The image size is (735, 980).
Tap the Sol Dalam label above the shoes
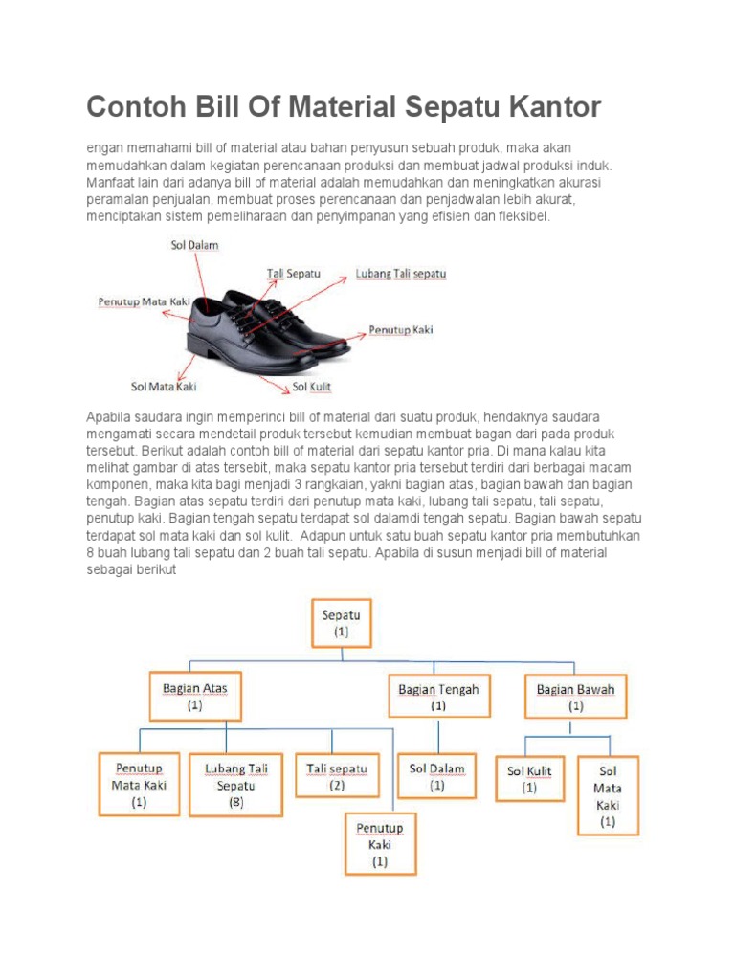click(195, 246)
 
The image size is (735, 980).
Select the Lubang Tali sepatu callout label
click(401, 274)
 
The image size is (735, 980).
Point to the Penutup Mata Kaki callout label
click(144, 302)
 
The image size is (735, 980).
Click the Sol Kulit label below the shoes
click(312, 387)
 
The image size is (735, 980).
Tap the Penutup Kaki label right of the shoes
click(401, 330)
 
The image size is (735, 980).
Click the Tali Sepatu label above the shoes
click(294, 274)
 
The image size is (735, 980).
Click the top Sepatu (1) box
click(342, 623)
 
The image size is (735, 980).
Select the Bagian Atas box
click(195, 696)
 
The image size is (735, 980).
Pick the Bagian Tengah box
click(438, 696)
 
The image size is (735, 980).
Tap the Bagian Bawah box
click(575, 696)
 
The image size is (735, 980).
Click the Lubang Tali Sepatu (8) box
click(235, 785)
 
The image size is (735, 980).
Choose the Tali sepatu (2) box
click(337, 776)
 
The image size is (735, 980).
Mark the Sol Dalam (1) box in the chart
click(436, 776)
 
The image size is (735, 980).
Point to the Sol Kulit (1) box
click(529, 778)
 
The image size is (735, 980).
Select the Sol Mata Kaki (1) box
click(608, 795)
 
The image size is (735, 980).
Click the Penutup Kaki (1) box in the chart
click(380, 843)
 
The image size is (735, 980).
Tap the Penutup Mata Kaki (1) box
click(139, 784)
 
